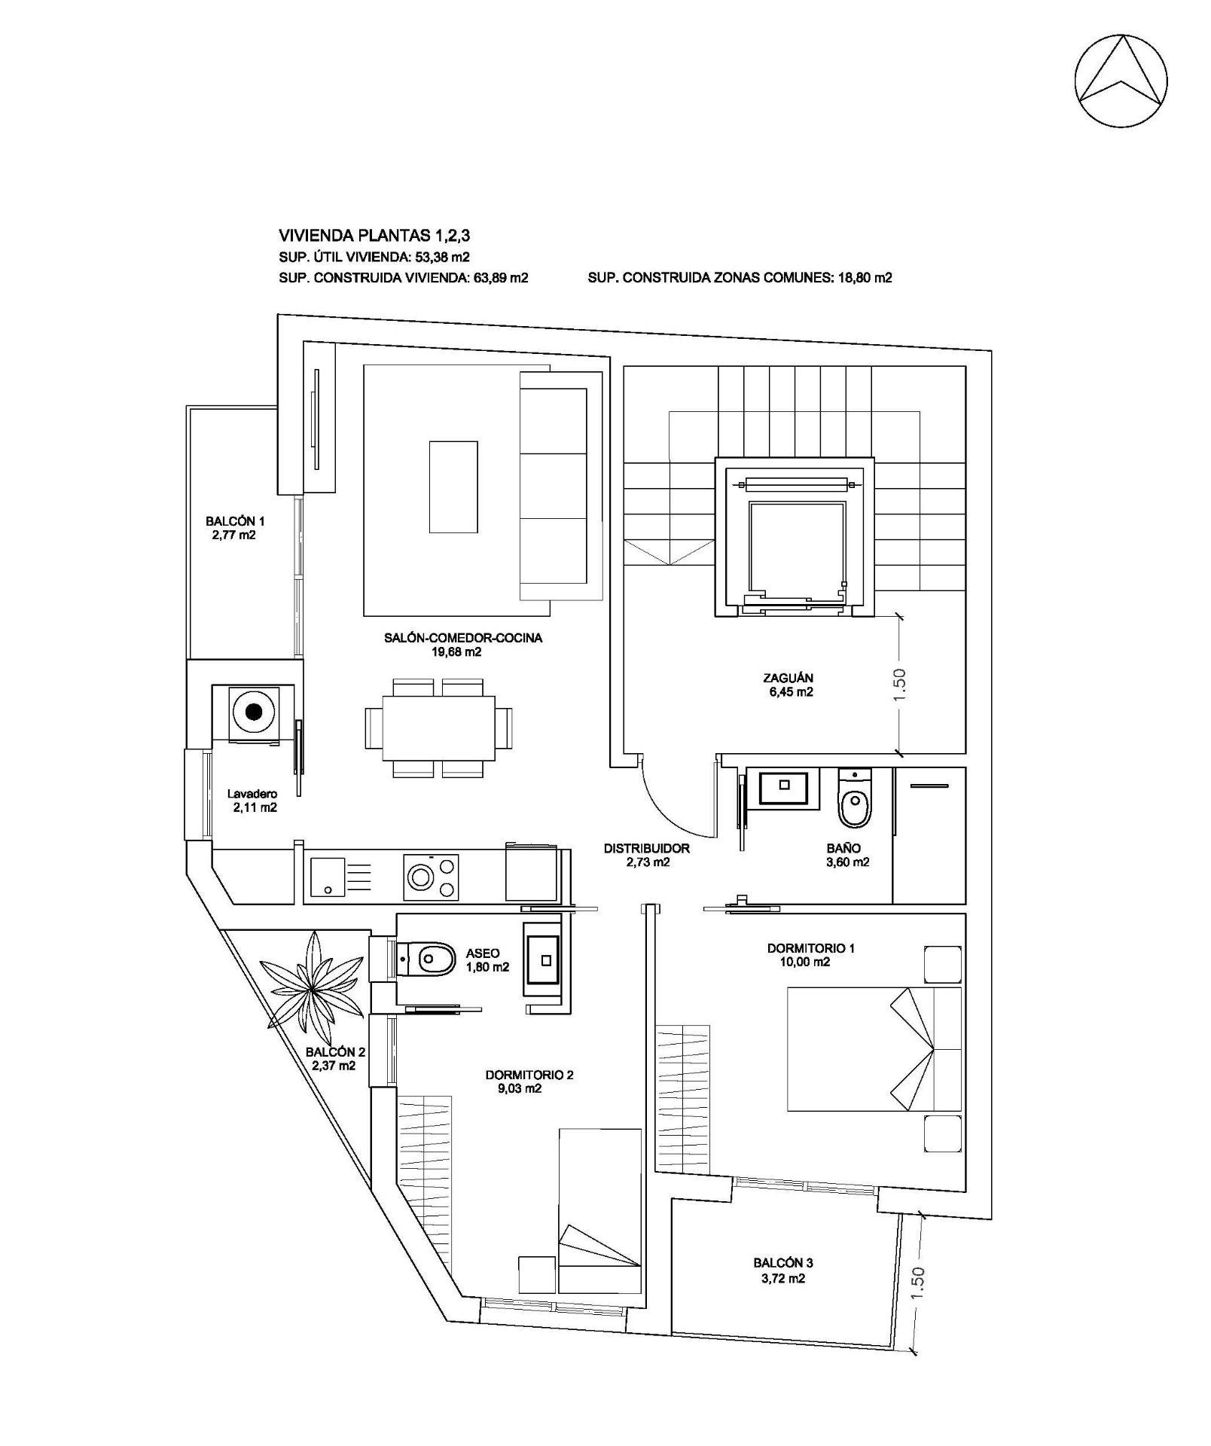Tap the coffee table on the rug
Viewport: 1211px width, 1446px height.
453,487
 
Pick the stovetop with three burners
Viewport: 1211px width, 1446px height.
432,877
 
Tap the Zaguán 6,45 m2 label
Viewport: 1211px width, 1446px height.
788,685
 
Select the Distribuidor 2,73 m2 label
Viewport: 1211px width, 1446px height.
646,855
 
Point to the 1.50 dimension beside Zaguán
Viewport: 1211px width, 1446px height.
900,684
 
